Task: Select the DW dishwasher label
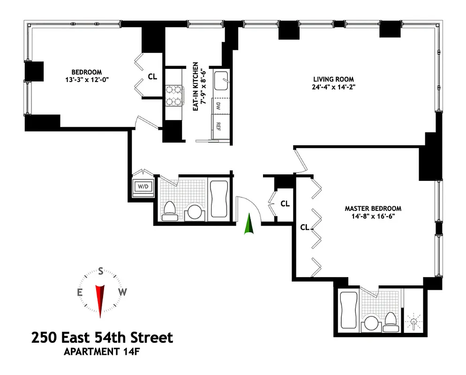(218, 106)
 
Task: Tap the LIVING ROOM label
(333, 79)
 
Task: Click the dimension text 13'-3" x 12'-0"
(84, 79)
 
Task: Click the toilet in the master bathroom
(391, 320)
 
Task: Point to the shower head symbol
(413, 323)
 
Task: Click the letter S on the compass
(100, 271)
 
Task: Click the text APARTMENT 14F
(102, 352)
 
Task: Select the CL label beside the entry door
(285, 204)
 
